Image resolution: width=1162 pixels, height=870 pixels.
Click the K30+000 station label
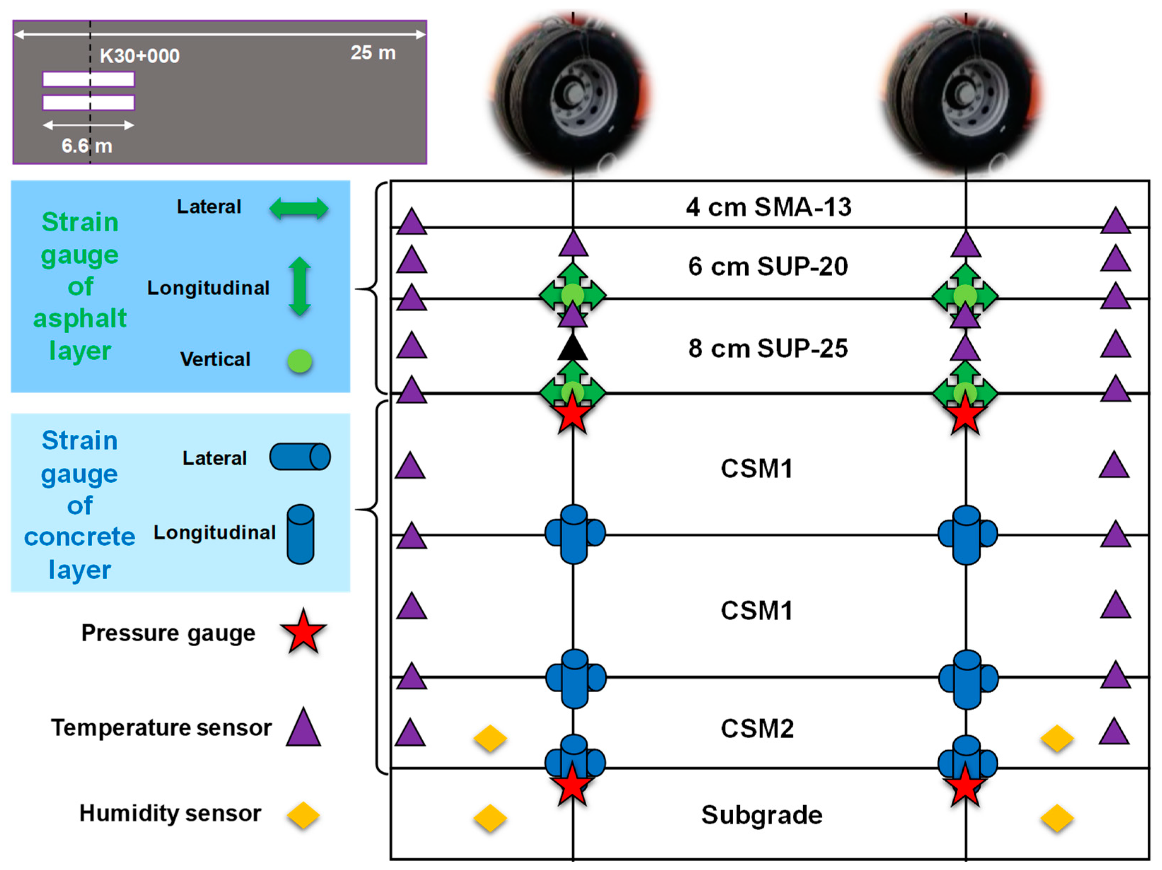140,56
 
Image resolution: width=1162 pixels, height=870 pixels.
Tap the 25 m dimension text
373,53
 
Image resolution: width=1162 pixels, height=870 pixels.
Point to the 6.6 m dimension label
87,146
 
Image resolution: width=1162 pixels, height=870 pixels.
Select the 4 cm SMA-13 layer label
768,207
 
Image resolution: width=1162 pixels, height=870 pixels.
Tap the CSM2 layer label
757,729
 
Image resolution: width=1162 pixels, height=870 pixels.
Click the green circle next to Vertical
299,361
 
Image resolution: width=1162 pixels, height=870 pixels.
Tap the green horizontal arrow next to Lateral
299,208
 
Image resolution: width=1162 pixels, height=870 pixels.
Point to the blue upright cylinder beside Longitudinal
300,534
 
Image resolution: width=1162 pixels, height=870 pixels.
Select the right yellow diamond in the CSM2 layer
1057,738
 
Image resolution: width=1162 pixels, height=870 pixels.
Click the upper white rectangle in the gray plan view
88,79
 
